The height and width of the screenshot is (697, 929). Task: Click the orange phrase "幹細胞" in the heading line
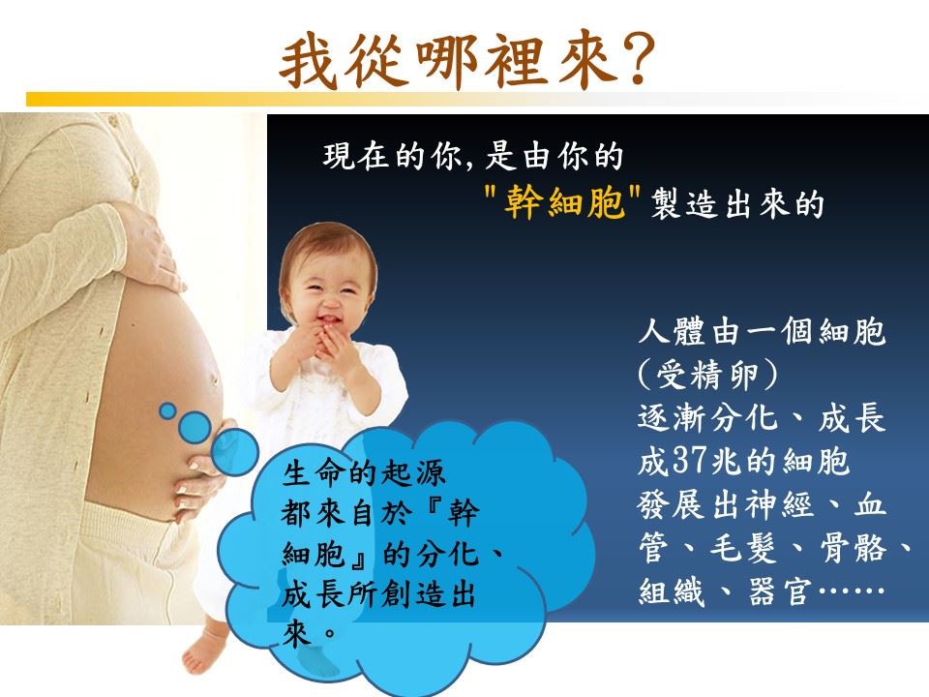click(563, 202)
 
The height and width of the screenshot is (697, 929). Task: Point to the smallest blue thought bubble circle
click(167, 410)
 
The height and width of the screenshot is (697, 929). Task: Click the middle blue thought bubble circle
click(195, 427)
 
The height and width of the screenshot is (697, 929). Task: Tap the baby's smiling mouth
click(328, 320)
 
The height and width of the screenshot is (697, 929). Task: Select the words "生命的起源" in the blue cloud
click(364, 473)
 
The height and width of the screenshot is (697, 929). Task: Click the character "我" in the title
click(308, 59)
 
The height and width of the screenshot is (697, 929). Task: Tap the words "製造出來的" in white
click(737, 204)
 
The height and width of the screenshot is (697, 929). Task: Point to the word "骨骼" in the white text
click(854, 548)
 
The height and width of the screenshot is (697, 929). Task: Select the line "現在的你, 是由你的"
click(473, 156)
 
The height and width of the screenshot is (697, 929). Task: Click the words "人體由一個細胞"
click(762, 331)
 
